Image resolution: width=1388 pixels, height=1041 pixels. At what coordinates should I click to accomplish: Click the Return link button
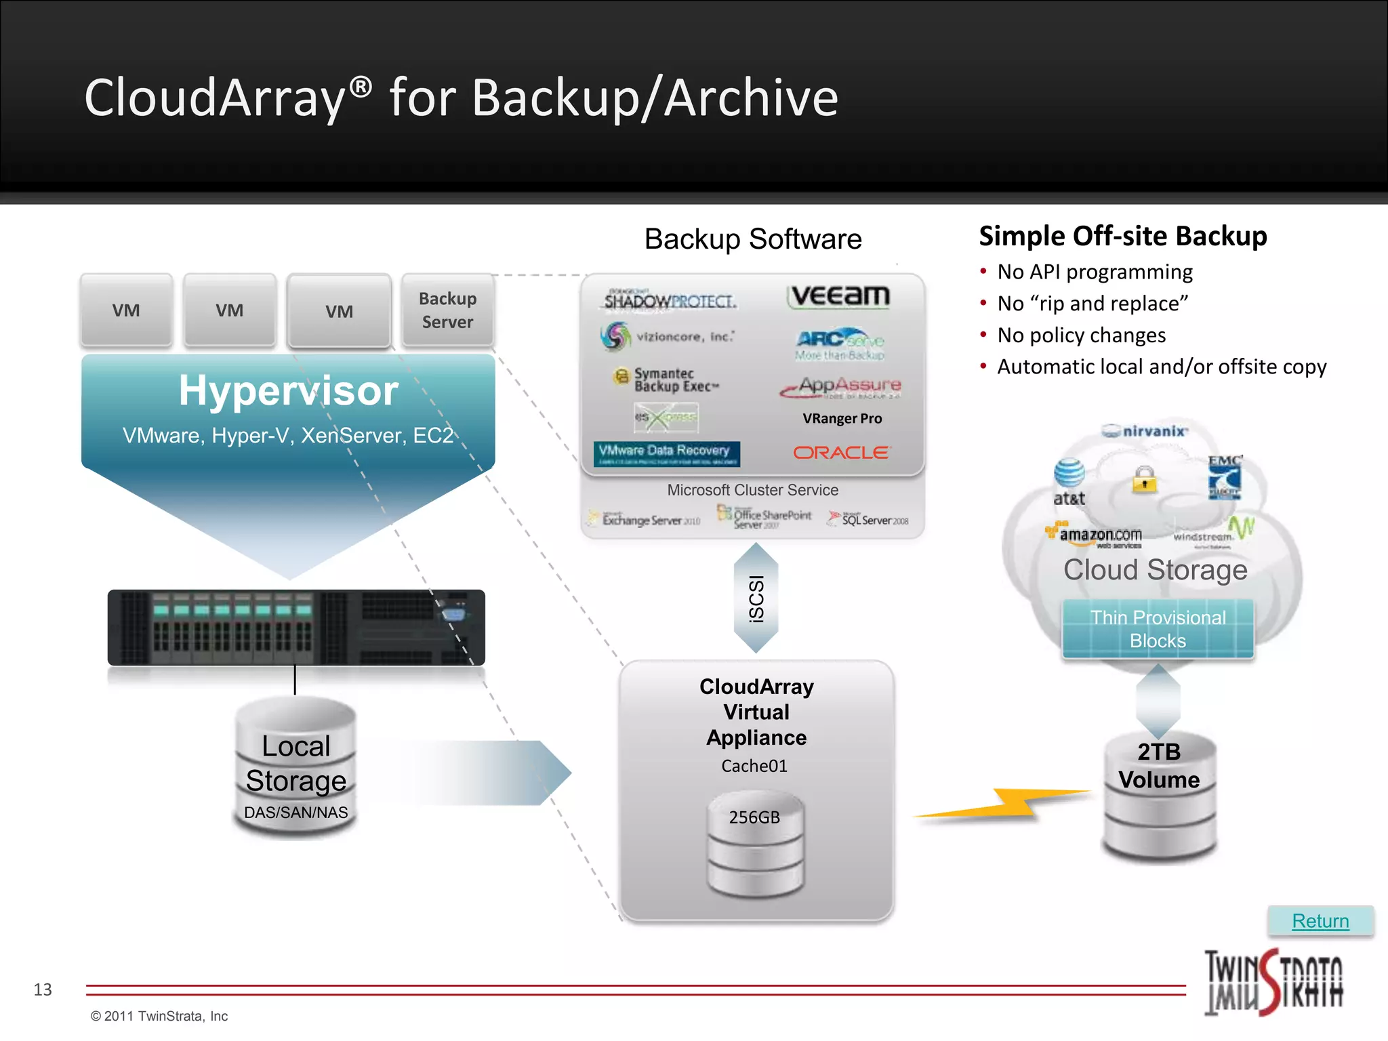[x=1320, y=921]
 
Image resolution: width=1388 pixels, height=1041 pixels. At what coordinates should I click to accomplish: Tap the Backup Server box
[x=447, y=310]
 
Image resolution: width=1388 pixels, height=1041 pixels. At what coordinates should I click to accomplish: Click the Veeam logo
[x=839, y=296]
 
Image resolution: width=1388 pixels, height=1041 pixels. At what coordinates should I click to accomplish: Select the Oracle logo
[x=841, y=453]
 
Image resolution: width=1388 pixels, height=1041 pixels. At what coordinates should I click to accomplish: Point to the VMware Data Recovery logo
[x=666, y=453]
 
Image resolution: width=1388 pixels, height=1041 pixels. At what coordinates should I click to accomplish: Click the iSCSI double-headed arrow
[x=756, y=598]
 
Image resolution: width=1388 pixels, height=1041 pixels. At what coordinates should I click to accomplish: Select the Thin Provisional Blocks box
[x=1158, y=629]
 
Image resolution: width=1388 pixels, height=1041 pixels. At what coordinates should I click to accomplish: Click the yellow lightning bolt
[x=1003, y=804]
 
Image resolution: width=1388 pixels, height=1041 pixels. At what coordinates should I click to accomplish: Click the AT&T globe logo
[x=1069, y=474]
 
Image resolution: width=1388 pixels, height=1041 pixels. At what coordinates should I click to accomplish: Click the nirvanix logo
[x=1145, y=431]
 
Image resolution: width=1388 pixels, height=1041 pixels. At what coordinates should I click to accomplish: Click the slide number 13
[x=43, y=989]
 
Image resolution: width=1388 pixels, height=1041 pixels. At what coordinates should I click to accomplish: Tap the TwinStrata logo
[x=1273, y=982]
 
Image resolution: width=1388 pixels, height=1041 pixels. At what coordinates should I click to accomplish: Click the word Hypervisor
[x=289, y=391]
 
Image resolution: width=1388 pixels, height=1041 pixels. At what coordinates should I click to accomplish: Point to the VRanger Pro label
[x=842, y=419]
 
